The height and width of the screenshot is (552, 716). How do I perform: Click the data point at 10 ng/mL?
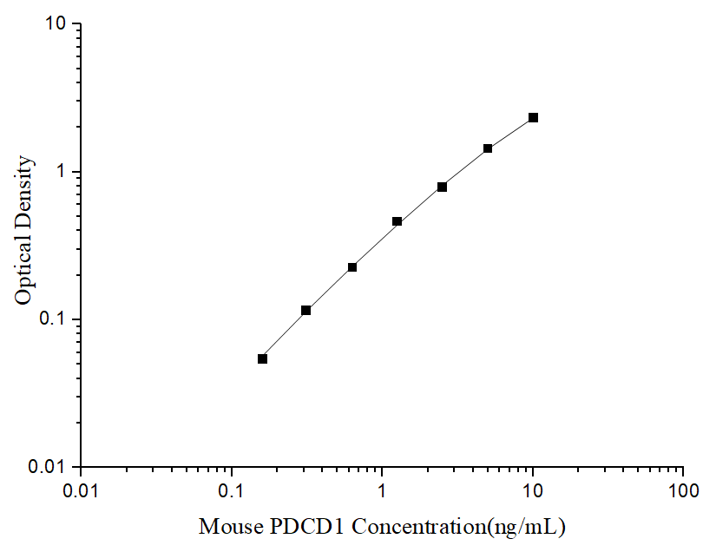533,117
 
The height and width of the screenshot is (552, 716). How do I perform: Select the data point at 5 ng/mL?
488,148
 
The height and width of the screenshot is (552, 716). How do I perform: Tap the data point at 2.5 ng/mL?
443,187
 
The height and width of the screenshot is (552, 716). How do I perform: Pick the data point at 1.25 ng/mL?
397,221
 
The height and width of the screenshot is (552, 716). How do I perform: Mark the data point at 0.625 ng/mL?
352,267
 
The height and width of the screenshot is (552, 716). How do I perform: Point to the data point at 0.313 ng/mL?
306,310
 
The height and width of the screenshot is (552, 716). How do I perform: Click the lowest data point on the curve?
263,358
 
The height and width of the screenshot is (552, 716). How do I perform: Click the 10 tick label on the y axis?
57,25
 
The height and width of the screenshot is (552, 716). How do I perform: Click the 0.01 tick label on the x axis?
82,492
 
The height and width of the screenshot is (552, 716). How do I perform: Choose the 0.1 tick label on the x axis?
232,492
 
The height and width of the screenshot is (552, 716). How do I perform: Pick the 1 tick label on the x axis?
382,492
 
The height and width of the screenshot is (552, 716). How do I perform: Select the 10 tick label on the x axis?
533,492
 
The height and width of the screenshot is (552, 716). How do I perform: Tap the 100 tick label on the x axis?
683,492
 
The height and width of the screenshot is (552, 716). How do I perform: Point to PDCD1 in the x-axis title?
298,527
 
